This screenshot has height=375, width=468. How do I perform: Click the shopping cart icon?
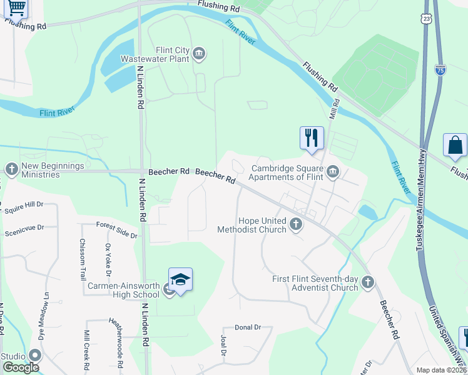click(x=17, y=7)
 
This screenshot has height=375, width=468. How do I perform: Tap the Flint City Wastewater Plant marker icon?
click(x=200, y=53)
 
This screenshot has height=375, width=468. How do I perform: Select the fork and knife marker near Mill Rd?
click(x=312, y=137)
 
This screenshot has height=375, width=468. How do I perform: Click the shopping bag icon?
click(x=455, y=145)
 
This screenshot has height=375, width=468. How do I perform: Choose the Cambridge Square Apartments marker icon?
click(x=333, y=171)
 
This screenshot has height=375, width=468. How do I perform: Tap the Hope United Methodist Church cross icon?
click(x=296, y=223)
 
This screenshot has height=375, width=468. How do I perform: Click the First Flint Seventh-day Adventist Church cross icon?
click(x=368, y=282)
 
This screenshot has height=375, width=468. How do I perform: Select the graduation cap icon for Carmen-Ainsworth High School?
click(x=180, y=281)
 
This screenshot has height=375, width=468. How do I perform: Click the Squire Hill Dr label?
click(x=23, y=204)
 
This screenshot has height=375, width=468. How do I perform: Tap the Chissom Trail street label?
click(x=83, y=259)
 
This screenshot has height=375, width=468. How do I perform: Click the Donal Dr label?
click(x=247, y=327)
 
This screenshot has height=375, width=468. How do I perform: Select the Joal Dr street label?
click(x=223, y=344)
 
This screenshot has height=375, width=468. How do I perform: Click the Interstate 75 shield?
click(x=440, y=69)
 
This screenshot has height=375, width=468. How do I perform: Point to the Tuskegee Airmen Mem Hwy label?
click(x=421, y=201)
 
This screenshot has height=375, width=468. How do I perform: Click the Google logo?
click(x=20, y=367)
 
